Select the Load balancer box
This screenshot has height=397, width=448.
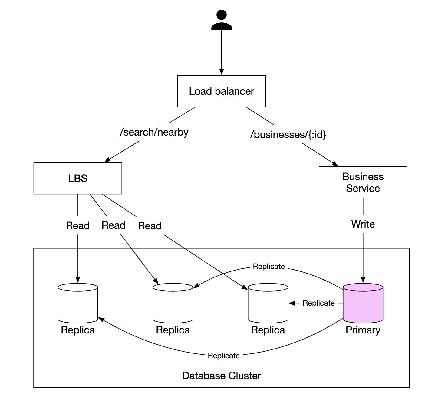[221, 91]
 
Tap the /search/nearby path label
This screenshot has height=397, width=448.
[154, 132]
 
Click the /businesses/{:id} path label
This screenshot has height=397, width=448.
[288, 135]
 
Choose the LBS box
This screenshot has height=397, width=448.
[78, 178]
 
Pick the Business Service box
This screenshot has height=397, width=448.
[363, 182]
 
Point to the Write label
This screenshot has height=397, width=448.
[363, 224]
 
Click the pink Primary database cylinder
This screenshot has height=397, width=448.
[363, 303]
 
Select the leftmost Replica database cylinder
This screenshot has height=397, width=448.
[78, 303]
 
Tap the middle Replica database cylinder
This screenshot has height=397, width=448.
[173, 303]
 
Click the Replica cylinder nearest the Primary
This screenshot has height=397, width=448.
[268, 303]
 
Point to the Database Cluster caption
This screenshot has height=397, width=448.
[221, 376]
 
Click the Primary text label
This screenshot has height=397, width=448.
[363, 330]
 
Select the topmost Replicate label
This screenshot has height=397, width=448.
[269, 267]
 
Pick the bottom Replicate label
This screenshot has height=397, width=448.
[224, 356]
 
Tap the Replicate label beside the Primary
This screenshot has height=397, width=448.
[318, 303]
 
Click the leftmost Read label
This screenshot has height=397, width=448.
[78, 226]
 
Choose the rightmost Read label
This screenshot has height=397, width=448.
[150, 226]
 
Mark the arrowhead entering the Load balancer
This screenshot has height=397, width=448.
[222, 72]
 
